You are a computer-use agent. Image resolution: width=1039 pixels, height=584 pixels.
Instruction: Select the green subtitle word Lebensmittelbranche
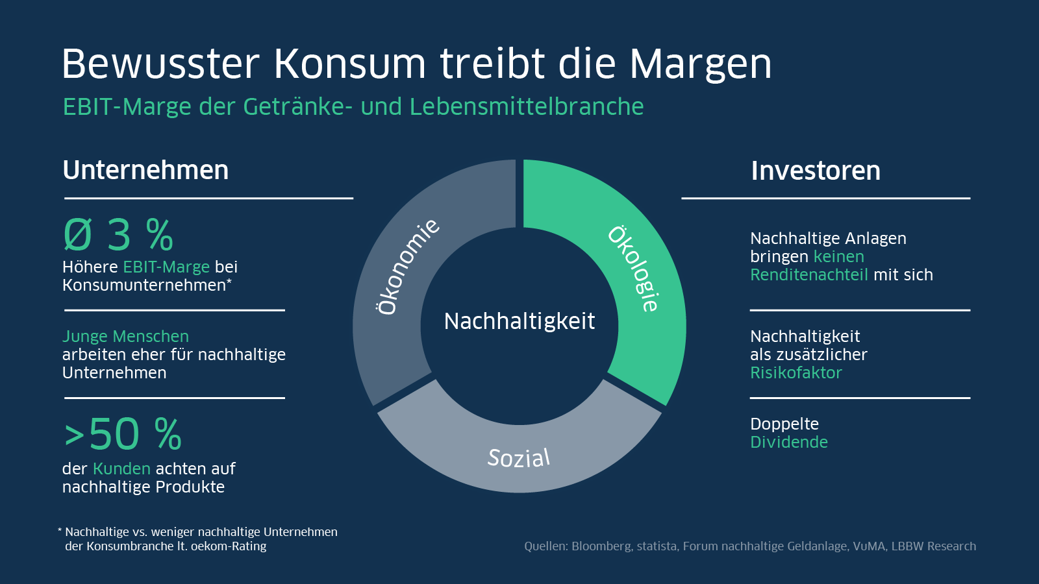527,107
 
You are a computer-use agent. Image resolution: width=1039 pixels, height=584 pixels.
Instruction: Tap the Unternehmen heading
145,171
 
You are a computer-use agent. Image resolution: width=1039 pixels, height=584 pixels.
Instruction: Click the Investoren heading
816,171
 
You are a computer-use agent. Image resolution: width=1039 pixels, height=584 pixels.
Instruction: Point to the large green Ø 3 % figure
118,235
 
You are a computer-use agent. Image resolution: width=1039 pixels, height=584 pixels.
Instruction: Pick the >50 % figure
123,434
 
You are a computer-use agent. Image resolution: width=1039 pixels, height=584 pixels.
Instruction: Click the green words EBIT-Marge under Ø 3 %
166,267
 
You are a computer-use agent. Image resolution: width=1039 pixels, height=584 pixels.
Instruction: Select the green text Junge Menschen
125,337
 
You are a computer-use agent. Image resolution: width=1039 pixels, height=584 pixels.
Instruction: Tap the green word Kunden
121,469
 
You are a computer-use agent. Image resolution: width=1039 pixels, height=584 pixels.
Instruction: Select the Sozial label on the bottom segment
519,458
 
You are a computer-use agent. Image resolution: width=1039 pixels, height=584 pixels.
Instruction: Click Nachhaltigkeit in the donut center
519,321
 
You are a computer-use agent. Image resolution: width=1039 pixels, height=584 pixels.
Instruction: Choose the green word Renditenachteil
808,275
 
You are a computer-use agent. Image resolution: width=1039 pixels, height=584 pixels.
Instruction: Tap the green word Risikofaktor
795,373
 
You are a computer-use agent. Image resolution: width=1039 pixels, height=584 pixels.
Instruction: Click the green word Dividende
788,443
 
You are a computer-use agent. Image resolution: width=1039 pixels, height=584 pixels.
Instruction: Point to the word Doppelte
784,424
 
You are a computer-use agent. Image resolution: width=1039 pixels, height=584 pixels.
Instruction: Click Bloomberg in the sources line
601,546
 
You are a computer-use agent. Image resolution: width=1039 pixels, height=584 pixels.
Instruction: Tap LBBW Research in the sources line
933,546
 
